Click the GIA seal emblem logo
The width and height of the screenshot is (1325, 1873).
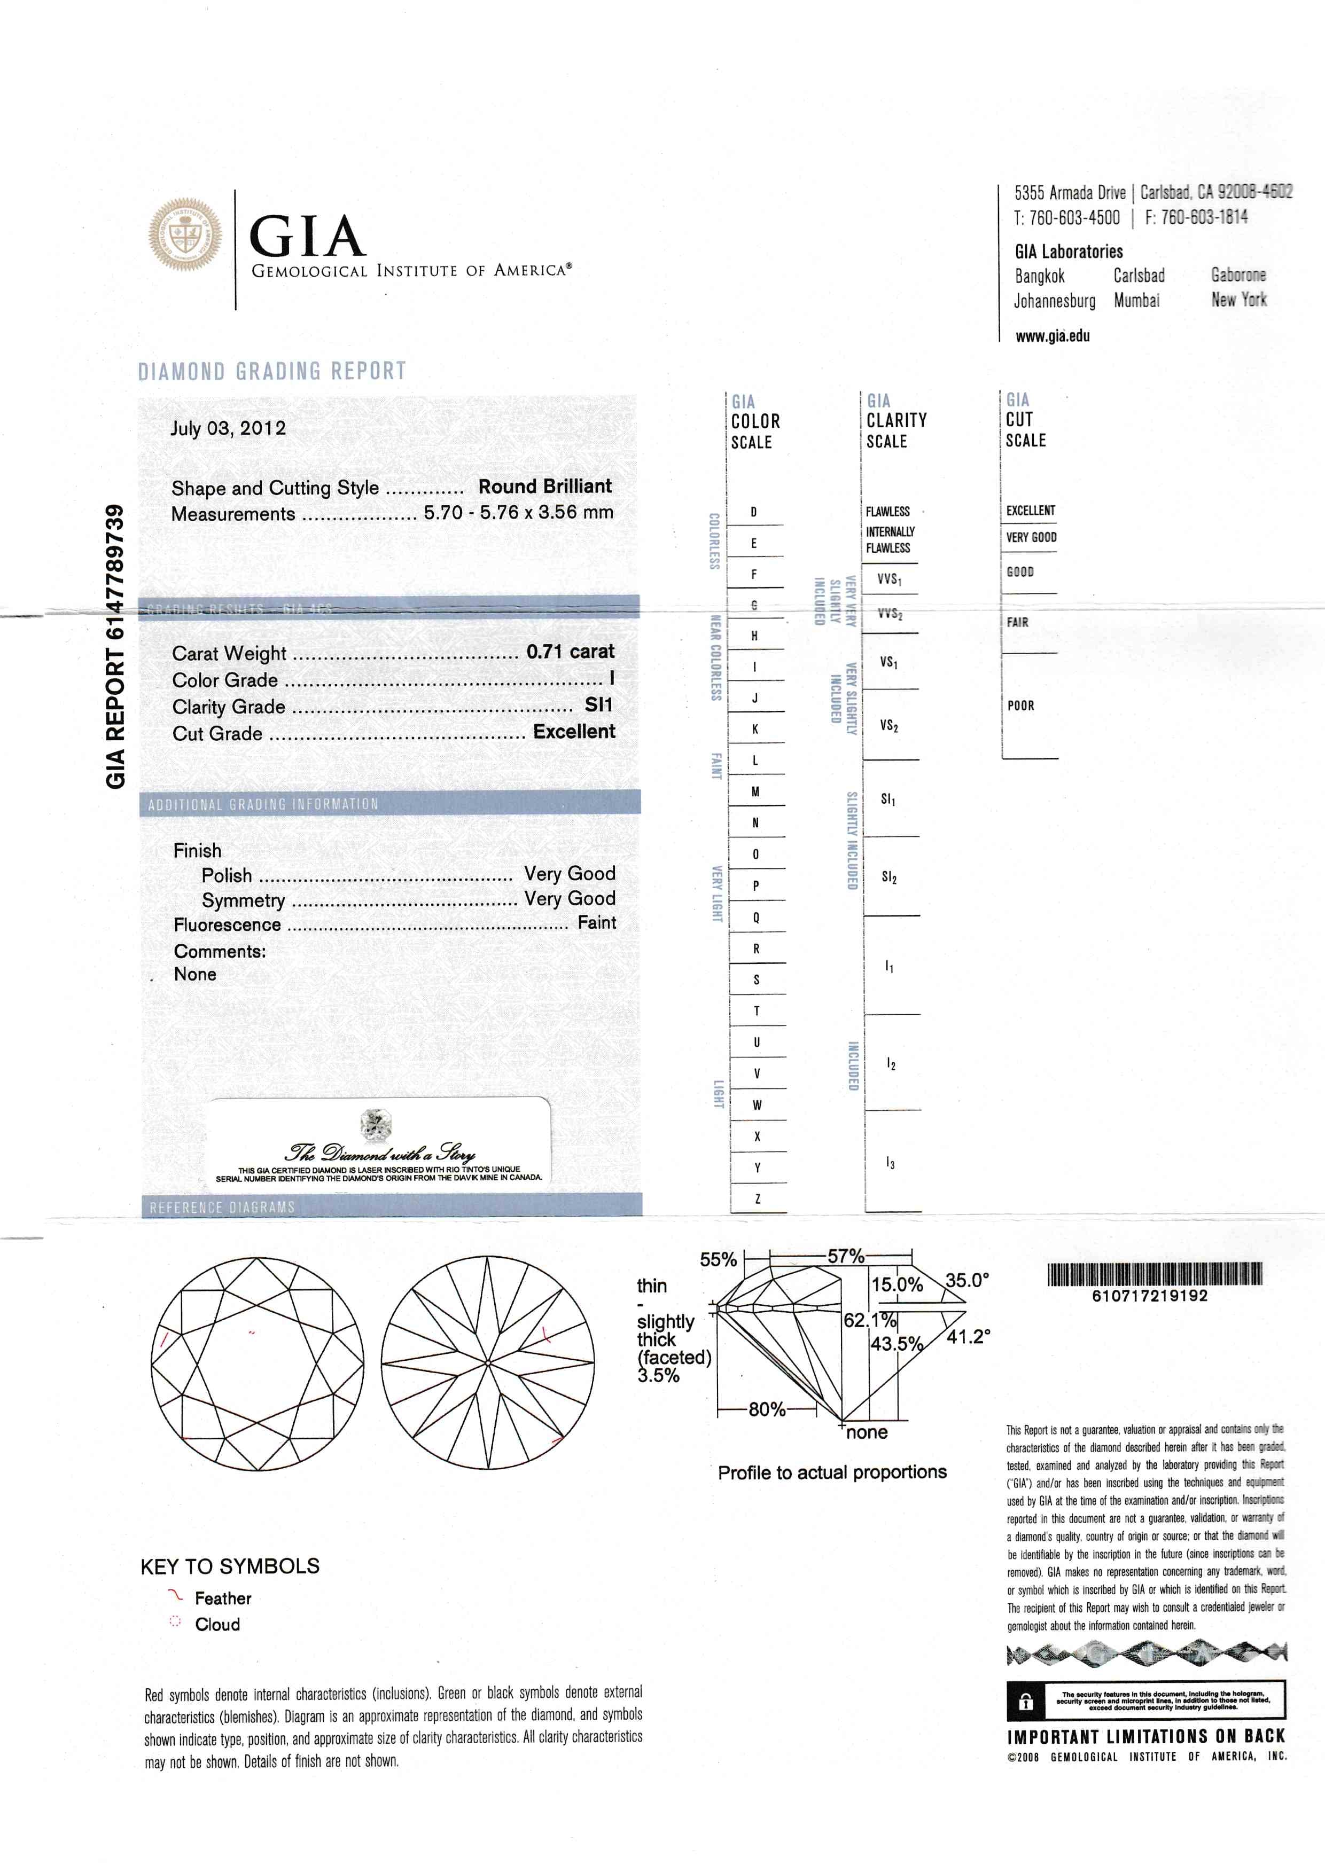(184, 234)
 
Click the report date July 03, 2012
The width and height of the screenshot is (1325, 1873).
(228, 428)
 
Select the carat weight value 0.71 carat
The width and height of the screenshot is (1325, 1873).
(570, 651)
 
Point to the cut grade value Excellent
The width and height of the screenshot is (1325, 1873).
(574, 731)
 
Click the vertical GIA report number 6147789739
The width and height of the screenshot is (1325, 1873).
(116, 646)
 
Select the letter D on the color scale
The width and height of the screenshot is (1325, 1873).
(754, 512)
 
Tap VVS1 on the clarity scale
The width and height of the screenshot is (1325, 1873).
(888, 579)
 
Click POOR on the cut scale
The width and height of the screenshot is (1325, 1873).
(1020, 706)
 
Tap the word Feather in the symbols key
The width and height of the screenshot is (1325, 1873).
(223, 1598)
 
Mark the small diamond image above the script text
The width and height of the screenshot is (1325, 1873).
(376, 1125)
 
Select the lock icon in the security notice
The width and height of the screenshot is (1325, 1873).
(1026, 1702)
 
